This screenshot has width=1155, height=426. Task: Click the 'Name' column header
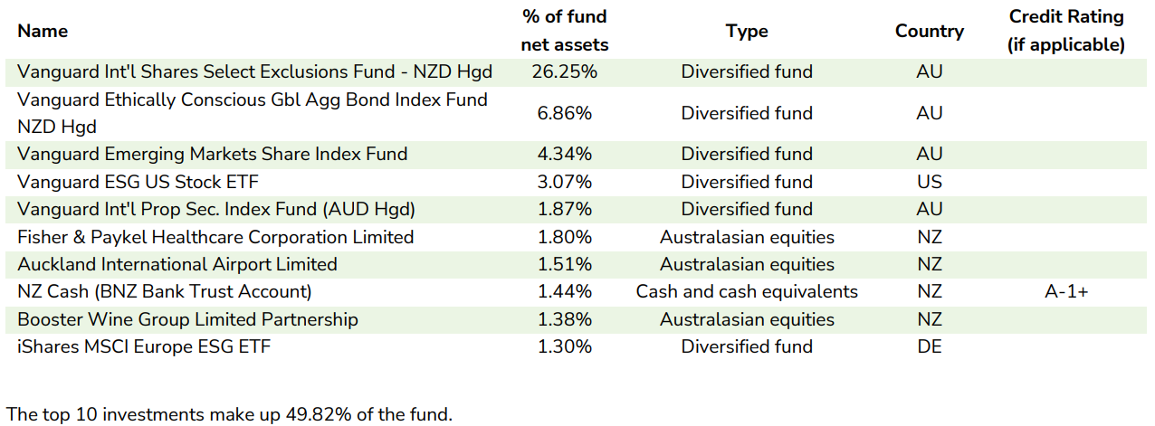[43, 31]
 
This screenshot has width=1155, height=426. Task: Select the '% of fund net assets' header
[565, 31]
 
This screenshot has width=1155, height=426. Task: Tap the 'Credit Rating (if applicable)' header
[1065, 31]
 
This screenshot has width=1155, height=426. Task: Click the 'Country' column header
[929, 31]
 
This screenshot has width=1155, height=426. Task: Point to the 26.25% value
[565, 71]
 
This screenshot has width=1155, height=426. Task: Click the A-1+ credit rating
[1065, 291]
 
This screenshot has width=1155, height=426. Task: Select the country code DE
[929, 346]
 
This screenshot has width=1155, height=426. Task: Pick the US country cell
[929, 182]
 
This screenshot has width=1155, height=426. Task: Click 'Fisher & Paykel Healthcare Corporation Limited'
[215, 237]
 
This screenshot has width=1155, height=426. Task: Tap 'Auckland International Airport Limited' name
[177, 264]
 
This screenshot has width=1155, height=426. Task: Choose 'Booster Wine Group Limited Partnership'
[187, 319]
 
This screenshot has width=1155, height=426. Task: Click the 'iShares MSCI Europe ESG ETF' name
[144, 346]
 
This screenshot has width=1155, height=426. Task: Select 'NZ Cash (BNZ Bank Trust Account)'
[165, 291]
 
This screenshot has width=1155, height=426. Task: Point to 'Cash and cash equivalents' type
[747, 291]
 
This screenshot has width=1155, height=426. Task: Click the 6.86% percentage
[565, 113]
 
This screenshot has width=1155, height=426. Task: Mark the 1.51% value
[565, 264]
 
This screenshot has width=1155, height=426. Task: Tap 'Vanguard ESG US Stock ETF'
[125, 182]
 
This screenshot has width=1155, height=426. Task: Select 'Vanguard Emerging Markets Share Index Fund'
[213, 154]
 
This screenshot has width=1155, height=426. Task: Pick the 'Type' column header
[747, 31]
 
